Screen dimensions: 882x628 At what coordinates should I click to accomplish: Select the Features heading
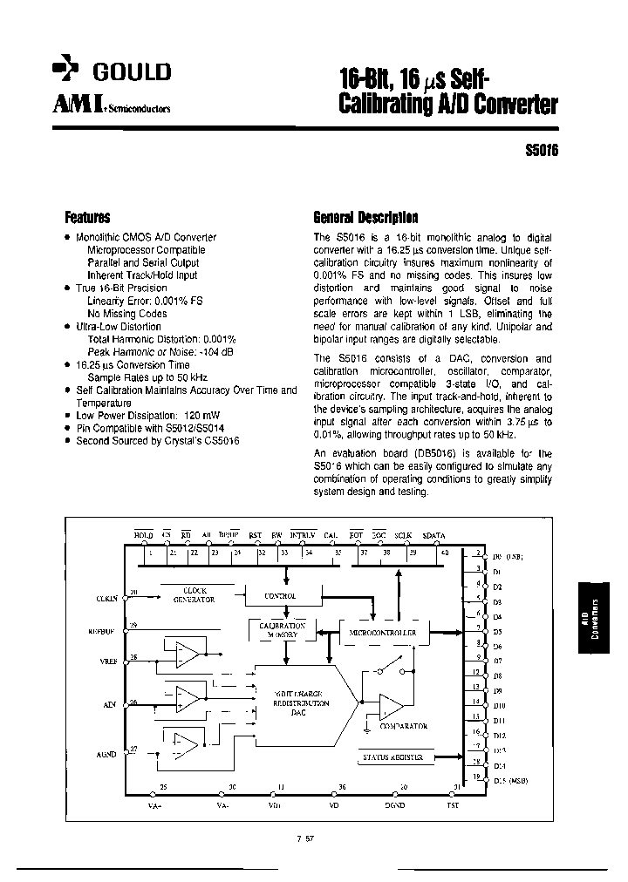(87, 218)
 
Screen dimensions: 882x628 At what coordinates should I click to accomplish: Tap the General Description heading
(365, 218)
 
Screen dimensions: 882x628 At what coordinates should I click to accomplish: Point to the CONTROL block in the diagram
(280, 597)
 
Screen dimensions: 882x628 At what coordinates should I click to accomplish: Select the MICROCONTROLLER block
(381, 632)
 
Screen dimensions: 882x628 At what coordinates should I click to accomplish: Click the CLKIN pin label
(106, 598)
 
